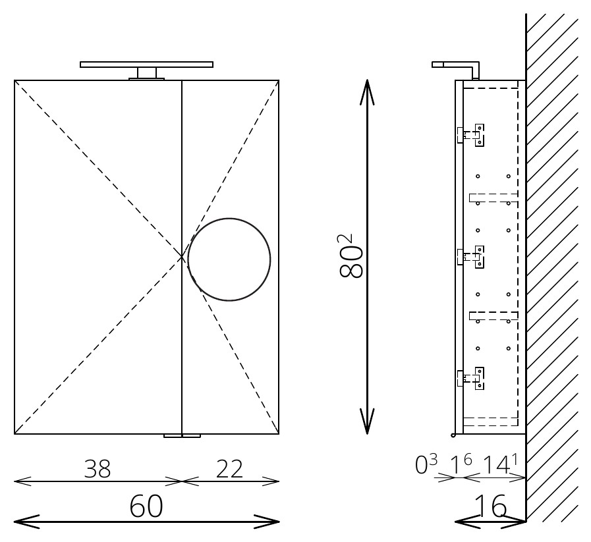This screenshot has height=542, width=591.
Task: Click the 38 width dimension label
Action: pyautogui.click(x=98, y=469)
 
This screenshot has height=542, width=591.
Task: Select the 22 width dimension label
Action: pyautogui.click(x=229, y=469)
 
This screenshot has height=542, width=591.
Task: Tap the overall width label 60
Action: pyautogui.click(x=146, y=506)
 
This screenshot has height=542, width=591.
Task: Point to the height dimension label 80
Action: pyautogui.click(x=351, y=256)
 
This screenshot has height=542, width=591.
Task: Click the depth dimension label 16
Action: pyautogui.click(x=490, y=506)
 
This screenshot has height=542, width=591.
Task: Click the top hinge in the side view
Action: pyautogui.click(x=471, y=135)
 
